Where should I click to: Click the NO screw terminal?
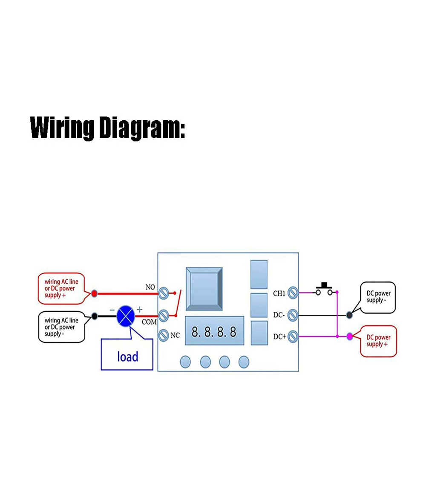[x=164, y=293]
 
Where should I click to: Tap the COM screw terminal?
[x=164, y=316]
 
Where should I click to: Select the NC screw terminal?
[x=164, y=335]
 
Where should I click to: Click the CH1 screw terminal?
[x=293, y=293]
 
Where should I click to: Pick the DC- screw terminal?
[x=293, y=315]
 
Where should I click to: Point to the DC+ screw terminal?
[x=293, y=337]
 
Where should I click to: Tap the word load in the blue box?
[x=128, y=356]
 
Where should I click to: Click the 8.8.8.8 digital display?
[x=214, y=331]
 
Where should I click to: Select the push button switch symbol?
[x=324, y=289]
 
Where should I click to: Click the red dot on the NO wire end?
[x=94, y=293]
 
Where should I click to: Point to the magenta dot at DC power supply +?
[x=350, y=336]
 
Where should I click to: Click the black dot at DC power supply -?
[x=349, y=315]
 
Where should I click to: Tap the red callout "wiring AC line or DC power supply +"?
[x=61, y=288]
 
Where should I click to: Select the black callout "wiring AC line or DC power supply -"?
[x=61, y=327]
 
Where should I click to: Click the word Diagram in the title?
[x=142, y=128]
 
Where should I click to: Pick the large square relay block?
[x=204, y=289]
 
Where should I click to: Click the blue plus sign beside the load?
[x=139, y=310]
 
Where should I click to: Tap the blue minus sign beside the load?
[x=112, y=310]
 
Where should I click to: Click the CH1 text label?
[x=279, y=293]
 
